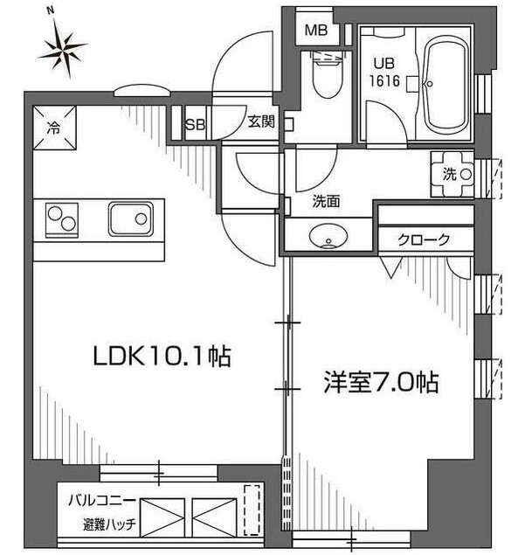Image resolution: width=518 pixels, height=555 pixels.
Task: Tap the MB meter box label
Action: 316,31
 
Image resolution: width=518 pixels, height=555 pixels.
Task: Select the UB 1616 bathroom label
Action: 384,73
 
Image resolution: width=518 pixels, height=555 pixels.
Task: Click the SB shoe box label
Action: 195,125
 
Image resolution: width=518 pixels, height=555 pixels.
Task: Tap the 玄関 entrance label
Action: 261,122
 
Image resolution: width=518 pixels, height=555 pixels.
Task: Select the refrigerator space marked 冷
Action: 54,128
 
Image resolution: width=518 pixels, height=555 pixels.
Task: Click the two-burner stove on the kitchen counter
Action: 61,220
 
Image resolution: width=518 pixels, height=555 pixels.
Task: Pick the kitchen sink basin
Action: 131,219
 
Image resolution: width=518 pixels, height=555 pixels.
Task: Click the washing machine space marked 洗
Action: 452,174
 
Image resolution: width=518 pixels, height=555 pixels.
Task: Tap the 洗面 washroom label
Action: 326,201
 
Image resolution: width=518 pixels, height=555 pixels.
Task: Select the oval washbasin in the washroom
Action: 328,235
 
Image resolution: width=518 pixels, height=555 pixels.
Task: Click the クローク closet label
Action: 424,240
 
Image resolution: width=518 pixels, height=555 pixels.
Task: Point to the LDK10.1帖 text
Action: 162,356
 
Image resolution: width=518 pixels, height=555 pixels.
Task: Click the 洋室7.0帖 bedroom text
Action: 381,383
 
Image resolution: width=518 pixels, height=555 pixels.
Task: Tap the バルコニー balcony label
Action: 102,501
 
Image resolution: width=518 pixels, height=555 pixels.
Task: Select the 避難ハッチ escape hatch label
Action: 109,524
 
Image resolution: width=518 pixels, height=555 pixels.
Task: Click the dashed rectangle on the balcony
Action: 252,510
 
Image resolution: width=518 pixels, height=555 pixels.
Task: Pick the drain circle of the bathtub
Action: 430,84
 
